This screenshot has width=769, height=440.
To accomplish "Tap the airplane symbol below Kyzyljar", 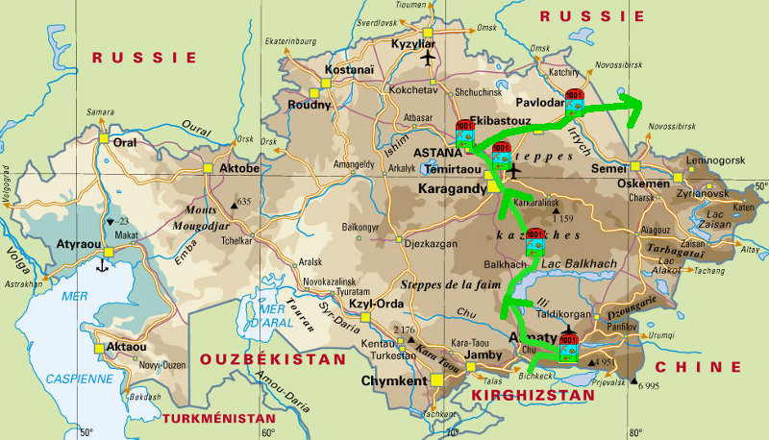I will point(428,60).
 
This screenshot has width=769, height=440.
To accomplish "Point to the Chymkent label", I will point(394,379).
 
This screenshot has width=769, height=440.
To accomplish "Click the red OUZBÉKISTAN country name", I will point(272,358).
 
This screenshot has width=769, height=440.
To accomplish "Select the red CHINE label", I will point(698,367).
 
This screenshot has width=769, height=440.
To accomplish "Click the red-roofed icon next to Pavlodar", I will point(575,101).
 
